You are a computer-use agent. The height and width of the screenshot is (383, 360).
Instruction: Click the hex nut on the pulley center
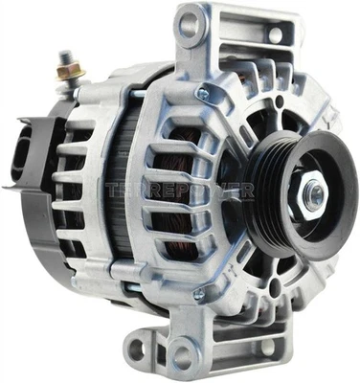pos(312,197)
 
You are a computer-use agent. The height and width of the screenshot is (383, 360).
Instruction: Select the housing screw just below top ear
pos(202,93)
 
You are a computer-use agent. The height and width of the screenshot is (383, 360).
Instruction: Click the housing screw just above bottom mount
pos(198,296)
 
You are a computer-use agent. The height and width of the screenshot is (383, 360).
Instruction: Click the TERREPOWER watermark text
pos(182,190)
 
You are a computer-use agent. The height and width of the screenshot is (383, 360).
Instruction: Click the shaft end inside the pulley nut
pos(314,197)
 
